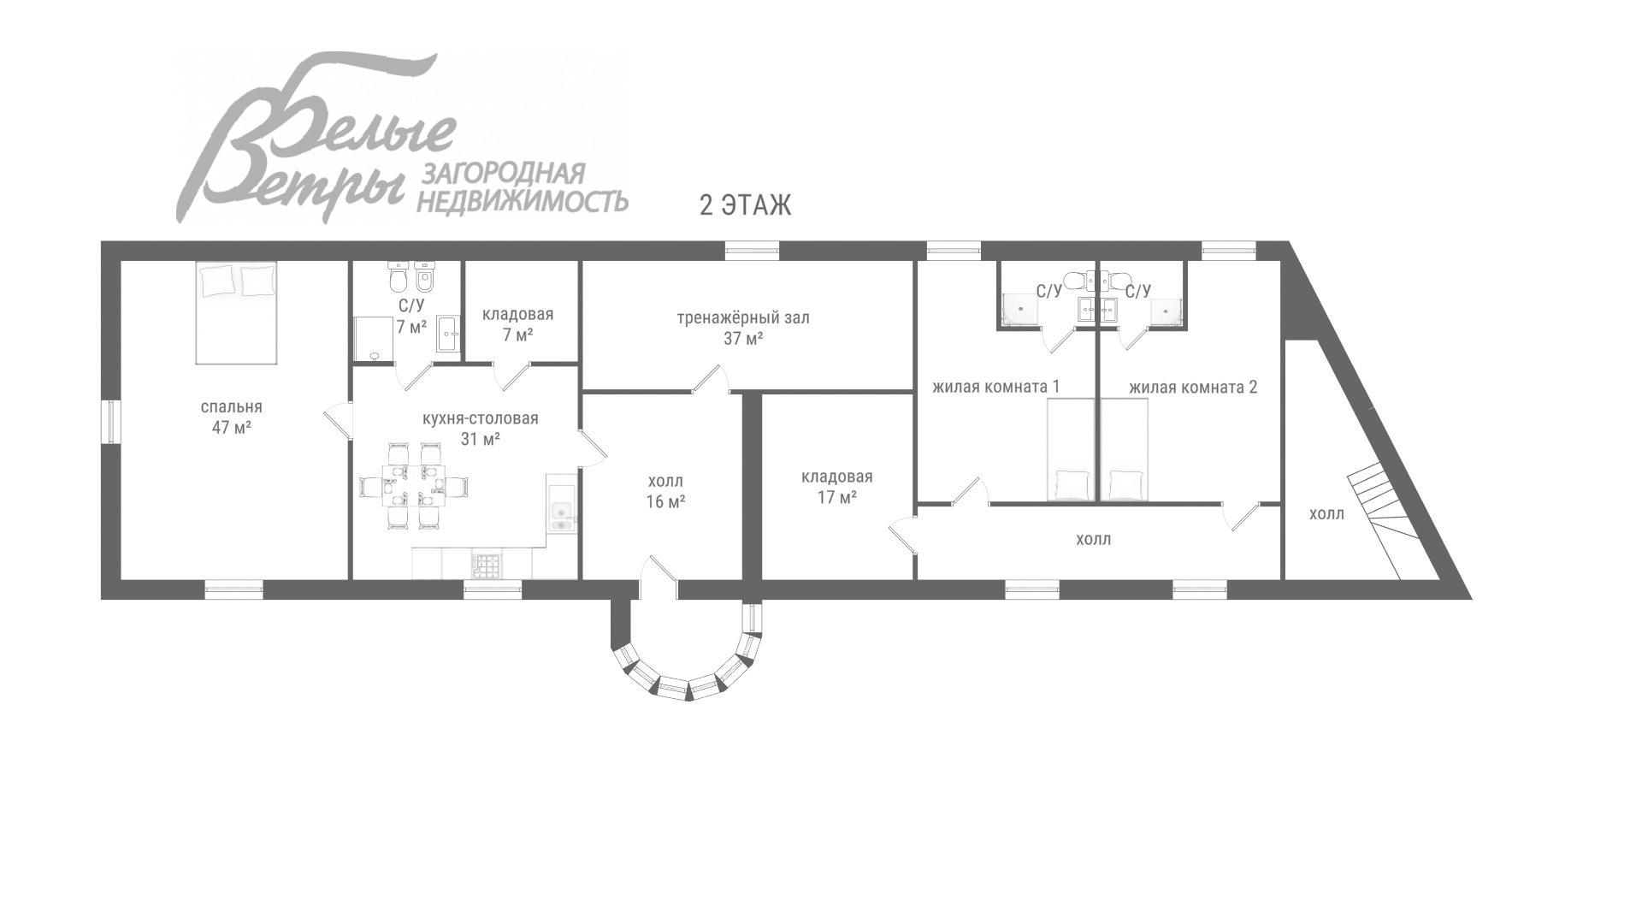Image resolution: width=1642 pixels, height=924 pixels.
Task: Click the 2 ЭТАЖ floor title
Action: (x=745, y=205)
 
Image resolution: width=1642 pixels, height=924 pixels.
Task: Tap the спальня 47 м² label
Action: (x=231, y=418)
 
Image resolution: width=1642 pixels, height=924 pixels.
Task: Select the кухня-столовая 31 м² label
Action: (x=480, y=429)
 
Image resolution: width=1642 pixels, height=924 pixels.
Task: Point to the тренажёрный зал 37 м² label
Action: (x=742, y=328)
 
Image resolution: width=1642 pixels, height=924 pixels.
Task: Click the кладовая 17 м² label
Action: (x=836, y=487)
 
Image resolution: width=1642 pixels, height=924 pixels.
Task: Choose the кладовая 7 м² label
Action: (x=517, y=324)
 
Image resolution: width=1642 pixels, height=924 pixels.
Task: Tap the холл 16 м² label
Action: (x=665, y=491)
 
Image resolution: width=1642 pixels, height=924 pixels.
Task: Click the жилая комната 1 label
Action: (x=995, y=387)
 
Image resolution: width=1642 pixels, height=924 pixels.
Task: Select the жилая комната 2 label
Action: (x=1193, y=387)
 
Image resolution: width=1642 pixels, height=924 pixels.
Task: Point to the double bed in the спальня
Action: (x=237, y=313)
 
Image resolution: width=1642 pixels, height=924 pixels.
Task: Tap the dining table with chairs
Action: (x=414, y=486)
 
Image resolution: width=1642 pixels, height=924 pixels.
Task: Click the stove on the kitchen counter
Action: (x=487, y=565)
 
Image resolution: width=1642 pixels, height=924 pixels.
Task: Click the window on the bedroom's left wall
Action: (x=110, y=422)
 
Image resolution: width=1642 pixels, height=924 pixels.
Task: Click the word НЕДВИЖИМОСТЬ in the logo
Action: (x=522, y=201)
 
